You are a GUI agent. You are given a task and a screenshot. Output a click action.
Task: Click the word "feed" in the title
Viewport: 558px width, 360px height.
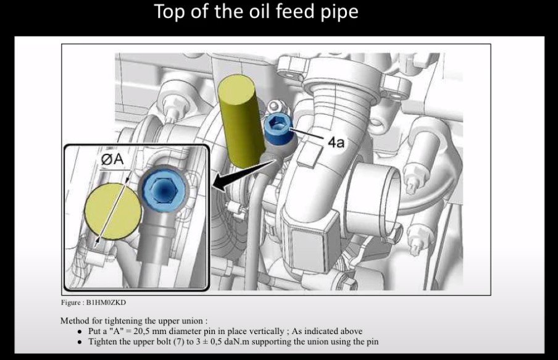tap(296, 11)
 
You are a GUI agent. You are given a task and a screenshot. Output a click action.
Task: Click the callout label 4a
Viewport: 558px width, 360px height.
tap(336, 143)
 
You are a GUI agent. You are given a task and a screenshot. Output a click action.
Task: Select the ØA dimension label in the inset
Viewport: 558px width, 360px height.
tap(112, 159)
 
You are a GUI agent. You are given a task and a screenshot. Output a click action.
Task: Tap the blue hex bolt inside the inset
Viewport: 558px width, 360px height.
tap(164, 189)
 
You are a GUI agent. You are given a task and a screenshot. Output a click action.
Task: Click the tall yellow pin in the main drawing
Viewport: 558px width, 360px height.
tap(240, 121)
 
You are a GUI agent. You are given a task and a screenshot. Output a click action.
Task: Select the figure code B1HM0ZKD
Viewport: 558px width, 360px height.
tap(106, 303)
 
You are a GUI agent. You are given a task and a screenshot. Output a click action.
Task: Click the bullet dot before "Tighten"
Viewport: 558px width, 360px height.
tap(80, 342)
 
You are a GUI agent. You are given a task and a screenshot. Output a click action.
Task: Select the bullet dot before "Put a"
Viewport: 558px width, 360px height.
tap(80, 332)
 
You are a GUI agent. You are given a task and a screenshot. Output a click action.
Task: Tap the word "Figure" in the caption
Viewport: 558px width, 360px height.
tap(70, 303)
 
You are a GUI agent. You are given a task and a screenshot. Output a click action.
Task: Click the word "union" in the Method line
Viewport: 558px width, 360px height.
tap(193, 321)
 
